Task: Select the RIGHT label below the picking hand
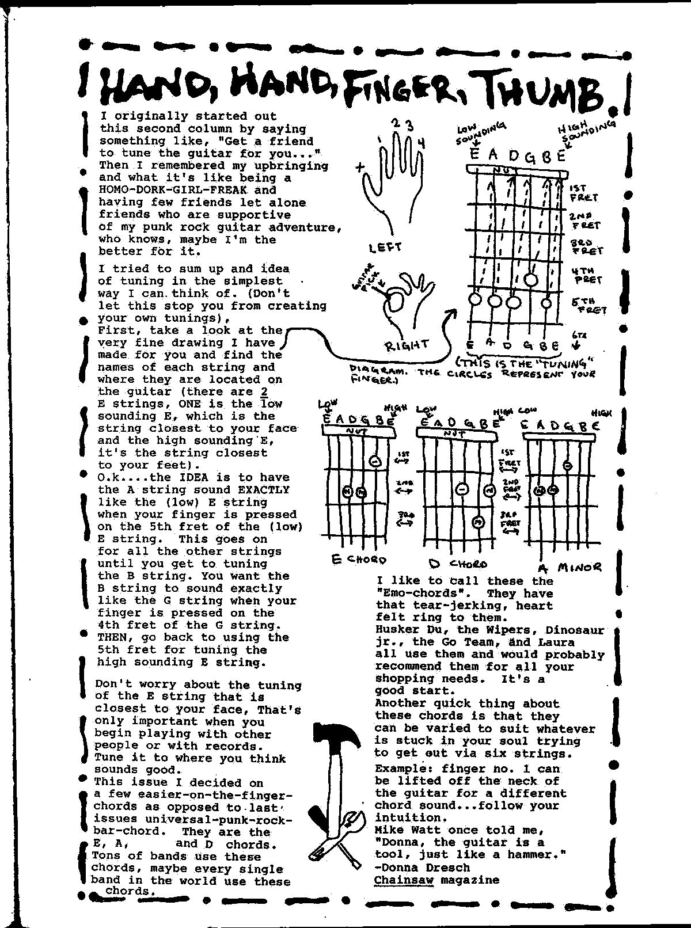[x=407, y=345]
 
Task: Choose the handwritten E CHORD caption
[x=358, y=559]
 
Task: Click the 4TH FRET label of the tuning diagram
[x=586, y=275]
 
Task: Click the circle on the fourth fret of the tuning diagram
[x=531, y=280]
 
